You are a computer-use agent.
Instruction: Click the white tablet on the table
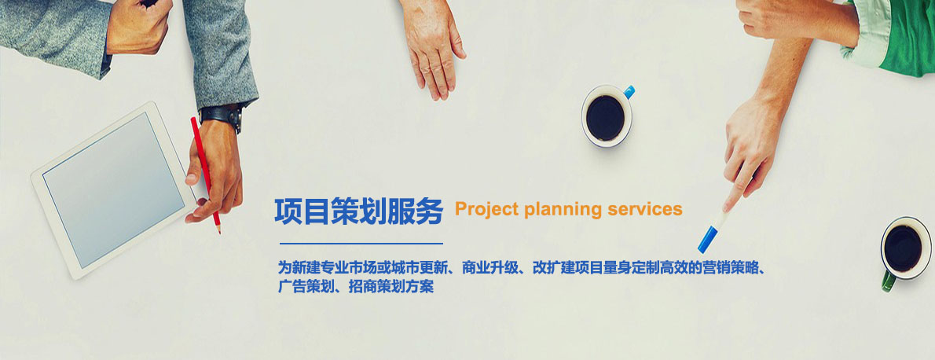pyautogui.click(x=113, y=190)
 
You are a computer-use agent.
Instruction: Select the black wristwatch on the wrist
pyautogui.click(x=222, y=116)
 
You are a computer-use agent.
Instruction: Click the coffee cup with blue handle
pyautogui.click(x=607, y=116)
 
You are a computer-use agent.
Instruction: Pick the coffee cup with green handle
pyautogui.click(x=904, y=251)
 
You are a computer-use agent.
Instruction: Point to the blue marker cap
pyautogui.click(x=707, y=240)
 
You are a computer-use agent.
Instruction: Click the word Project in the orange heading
pyautogui.click(x=486, y=210)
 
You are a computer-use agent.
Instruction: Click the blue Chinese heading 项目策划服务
pyautogui.click(x=358, y=211)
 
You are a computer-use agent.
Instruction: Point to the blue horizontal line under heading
pyautogui.click(x=361, y=244)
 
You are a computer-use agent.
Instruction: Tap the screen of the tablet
pyautogui.click(x=113, y=190)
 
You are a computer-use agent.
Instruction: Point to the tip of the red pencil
pyautogui.click(x=219, y=232)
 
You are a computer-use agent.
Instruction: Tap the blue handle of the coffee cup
pyautogui.click(x=629, y=92)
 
